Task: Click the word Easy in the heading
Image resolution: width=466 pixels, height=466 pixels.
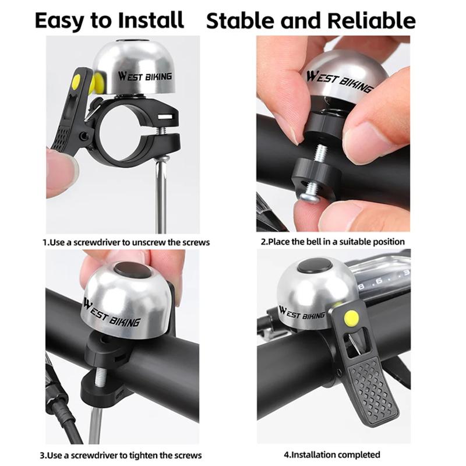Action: tap(60, 21)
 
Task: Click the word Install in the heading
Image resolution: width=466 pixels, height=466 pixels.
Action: tap(151, 20)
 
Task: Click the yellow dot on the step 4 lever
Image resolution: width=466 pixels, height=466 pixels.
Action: tap(351, 317)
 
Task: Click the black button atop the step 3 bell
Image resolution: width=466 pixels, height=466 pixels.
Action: tap(133, 270)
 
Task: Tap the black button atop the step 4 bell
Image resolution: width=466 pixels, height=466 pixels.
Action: tap(315, 266)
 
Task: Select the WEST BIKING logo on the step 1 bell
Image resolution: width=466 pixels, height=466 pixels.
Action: tap(144, 77)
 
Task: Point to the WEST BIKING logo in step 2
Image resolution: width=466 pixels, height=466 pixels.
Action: tap(339, 81)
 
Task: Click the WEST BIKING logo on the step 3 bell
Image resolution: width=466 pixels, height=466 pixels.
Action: tap(111, 313)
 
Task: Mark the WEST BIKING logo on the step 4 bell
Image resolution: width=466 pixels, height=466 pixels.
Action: tap(301, 313)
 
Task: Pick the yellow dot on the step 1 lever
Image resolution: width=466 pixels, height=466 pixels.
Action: tap(76, 81)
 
